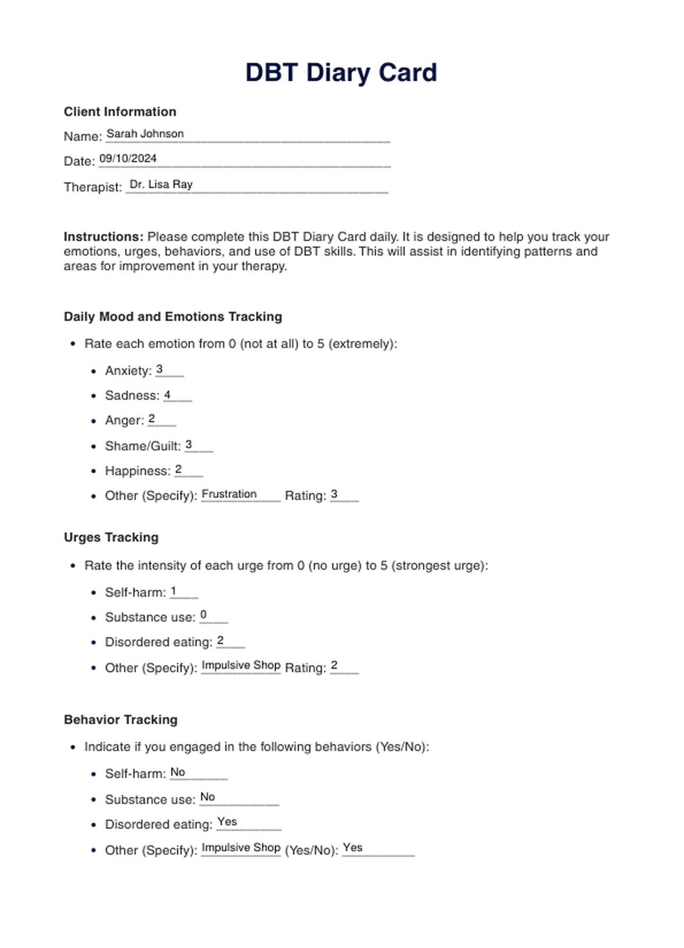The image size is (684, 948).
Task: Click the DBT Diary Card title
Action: point(341,73)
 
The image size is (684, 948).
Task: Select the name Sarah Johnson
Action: point(145,134)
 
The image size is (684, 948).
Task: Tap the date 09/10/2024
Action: point(128,158)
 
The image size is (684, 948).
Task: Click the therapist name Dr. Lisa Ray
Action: point(161,184)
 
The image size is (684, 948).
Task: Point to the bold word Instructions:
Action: point(104,237)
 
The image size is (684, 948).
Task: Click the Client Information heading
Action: point(120,112)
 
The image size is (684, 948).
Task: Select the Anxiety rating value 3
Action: point(159,369)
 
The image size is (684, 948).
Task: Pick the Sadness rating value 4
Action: point(167,395)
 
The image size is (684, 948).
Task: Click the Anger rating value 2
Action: point(152,419)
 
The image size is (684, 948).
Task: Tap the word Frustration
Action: point(229,494)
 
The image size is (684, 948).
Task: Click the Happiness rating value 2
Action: point(179,469)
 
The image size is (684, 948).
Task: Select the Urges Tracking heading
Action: point(111,537)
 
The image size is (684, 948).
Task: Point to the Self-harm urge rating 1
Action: point(173,591)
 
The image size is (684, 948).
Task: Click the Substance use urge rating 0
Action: point(203,615)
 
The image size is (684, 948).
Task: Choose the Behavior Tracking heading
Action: point(120,719)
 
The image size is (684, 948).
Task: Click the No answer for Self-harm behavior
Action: point(177,772)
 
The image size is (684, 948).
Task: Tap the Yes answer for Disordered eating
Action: point(227,822)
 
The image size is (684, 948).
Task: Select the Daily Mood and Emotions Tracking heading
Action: point(173,316)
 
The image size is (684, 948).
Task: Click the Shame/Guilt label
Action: point(142,446)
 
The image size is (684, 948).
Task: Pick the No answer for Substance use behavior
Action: point(208,797)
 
